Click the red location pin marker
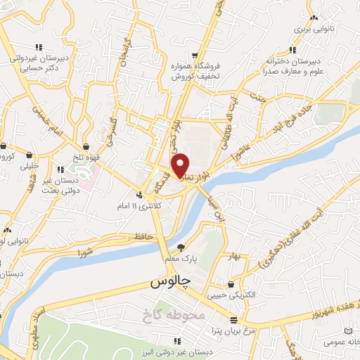click(181, 165)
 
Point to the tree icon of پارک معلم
click(181, 247)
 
